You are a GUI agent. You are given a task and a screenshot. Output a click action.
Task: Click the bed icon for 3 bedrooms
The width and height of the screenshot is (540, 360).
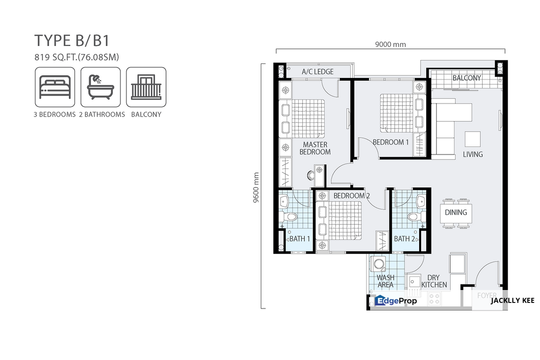tap(55, 87)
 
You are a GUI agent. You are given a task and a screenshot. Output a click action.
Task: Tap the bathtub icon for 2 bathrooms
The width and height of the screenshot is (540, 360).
tap(100, 87)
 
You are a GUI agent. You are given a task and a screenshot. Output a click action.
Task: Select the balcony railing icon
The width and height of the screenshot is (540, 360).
tap(146, 87)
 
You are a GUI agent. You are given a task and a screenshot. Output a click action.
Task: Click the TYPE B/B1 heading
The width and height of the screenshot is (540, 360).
tap(72, 40)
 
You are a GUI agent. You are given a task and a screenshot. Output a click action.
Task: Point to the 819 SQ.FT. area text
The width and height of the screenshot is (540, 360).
tap(76, 57)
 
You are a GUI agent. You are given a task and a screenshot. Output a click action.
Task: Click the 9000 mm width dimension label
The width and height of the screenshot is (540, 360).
tap(391, 44)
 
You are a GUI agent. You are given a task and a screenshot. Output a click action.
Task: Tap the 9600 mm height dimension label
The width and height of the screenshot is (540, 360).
tap(256, 187)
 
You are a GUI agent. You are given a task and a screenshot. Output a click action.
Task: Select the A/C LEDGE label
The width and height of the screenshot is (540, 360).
tap(318, 71)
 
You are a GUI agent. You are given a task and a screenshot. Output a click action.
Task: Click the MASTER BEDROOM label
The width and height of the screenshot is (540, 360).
tap(315, 148)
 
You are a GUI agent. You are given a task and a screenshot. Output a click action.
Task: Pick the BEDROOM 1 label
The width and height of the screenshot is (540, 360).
tap(391, 142)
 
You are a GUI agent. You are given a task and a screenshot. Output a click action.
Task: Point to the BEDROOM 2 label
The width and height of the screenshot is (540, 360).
tap(352, 196)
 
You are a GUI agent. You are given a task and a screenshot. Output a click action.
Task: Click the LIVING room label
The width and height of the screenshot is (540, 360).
tap(473, 154)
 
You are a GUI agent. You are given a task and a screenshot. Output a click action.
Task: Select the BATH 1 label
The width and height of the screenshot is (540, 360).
tap(300, 238)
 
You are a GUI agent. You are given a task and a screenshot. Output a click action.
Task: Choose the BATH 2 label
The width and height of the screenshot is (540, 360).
tap(404, 238)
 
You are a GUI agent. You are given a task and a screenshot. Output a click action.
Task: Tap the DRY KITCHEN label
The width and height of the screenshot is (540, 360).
tap(434, 281)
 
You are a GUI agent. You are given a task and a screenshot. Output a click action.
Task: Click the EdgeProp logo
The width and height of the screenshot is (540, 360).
tap(396, 300)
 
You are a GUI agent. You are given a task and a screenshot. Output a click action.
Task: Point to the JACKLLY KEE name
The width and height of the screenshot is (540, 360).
tap(513, 300)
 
